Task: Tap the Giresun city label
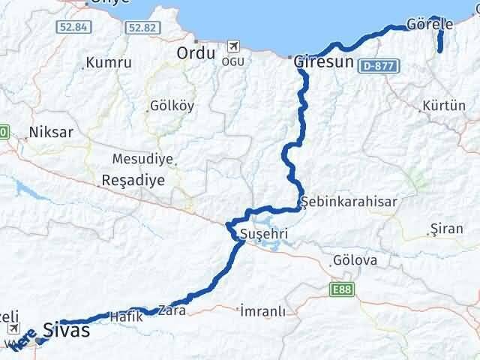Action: pos(323,62)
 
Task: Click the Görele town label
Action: pos(430,24)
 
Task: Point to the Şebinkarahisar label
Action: pos(349,202)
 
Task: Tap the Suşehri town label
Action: pos(262,235)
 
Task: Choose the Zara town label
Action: pos(171,309)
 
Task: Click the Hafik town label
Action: pos(126,316)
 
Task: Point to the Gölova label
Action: pos(355,261)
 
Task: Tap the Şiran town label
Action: pos(448,229)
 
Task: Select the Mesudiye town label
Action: pos(142,159)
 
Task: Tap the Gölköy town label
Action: pos(172,106)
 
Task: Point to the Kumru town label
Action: pos(109,63)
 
